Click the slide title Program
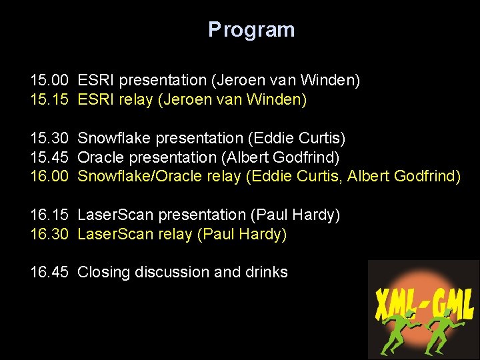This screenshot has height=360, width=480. point(251,30)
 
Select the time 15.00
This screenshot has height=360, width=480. point(49,81)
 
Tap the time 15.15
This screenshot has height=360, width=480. point(49,100)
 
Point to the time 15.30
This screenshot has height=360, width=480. point(49,138)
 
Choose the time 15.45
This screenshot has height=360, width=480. point(49,157)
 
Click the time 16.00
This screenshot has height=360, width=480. point(49,177)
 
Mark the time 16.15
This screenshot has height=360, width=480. point(49,215)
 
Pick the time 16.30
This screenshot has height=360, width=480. point(49,234)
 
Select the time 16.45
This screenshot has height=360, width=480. point(49,272)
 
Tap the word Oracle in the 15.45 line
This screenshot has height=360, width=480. point(101,157)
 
